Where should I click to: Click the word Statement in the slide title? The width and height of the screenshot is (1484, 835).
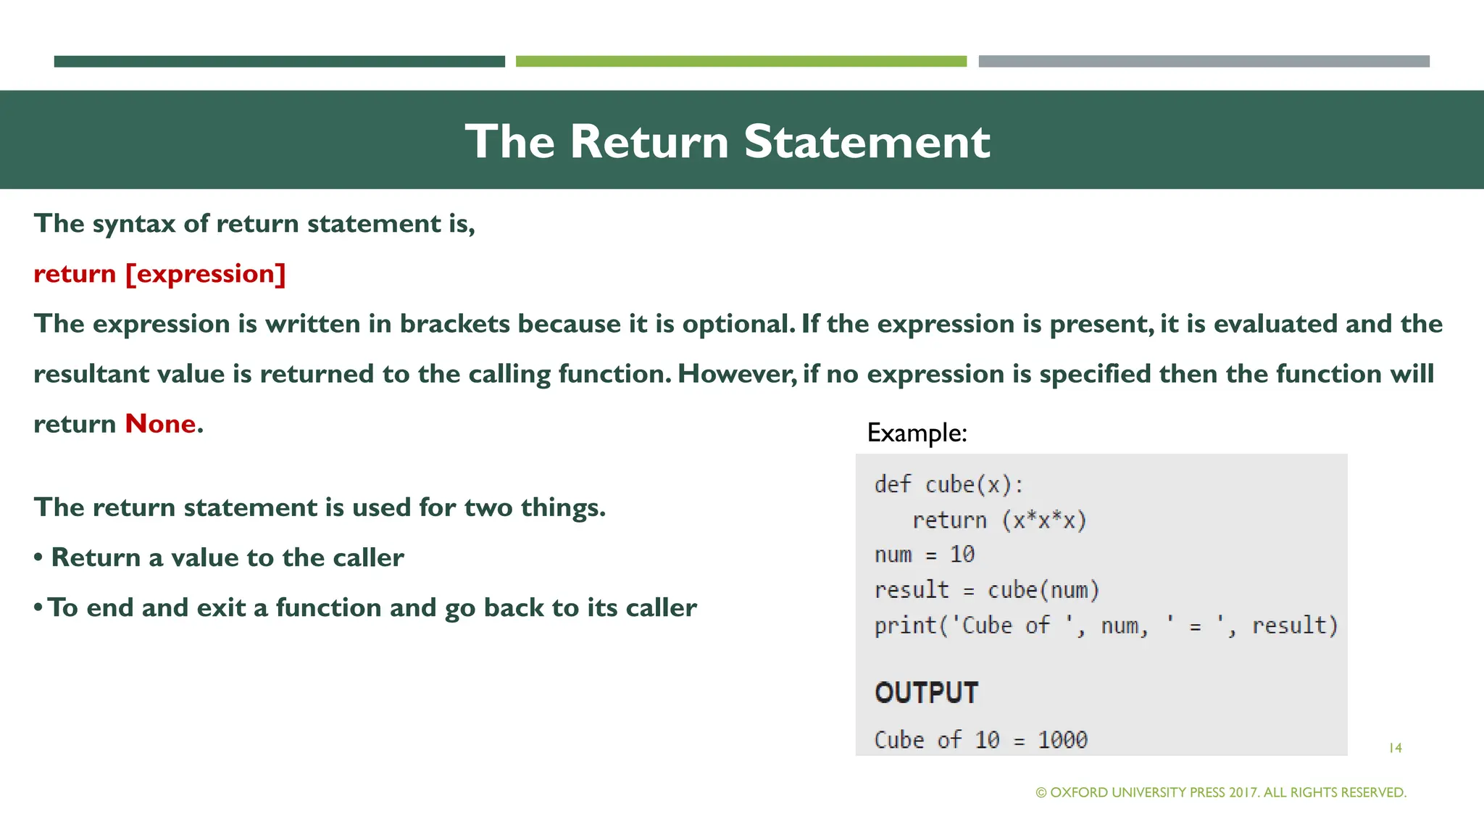coord(867,141)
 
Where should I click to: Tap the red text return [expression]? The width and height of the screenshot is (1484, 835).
coord(159,274)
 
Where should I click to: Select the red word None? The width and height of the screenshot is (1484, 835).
coord(160,424)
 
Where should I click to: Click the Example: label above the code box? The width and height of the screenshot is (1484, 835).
coord(917,433)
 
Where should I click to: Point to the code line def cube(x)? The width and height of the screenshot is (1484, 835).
coord(949,484)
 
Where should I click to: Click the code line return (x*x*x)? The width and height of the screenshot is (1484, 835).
coord(999,520)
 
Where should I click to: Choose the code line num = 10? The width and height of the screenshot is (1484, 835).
coord(924,554)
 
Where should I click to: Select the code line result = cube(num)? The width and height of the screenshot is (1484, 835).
coord(986,590)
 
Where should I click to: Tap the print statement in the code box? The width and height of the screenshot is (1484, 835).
coord(1105,626)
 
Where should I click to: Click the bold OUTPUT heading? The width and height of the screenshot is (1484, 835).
coord(926,693)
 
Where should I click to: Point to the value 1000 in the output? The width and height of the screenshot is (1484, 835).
coord(1062,740)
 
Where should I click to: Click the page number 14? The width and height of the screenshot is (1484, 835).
coord(1395,748)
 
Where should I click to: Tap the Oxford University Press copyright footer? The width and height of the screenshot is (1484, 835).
coord(1221,793)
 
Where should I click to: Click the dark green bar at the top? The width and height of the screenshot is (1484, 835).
coord(279,62)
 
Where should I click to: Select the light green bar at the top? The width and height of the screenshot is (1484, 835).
coord(741,62)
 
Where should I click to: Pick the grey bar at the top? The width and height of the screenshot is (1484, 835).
coord(1204,62)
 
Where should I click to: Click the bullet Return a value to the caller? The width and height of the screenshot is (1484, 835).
coord(227,557)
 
